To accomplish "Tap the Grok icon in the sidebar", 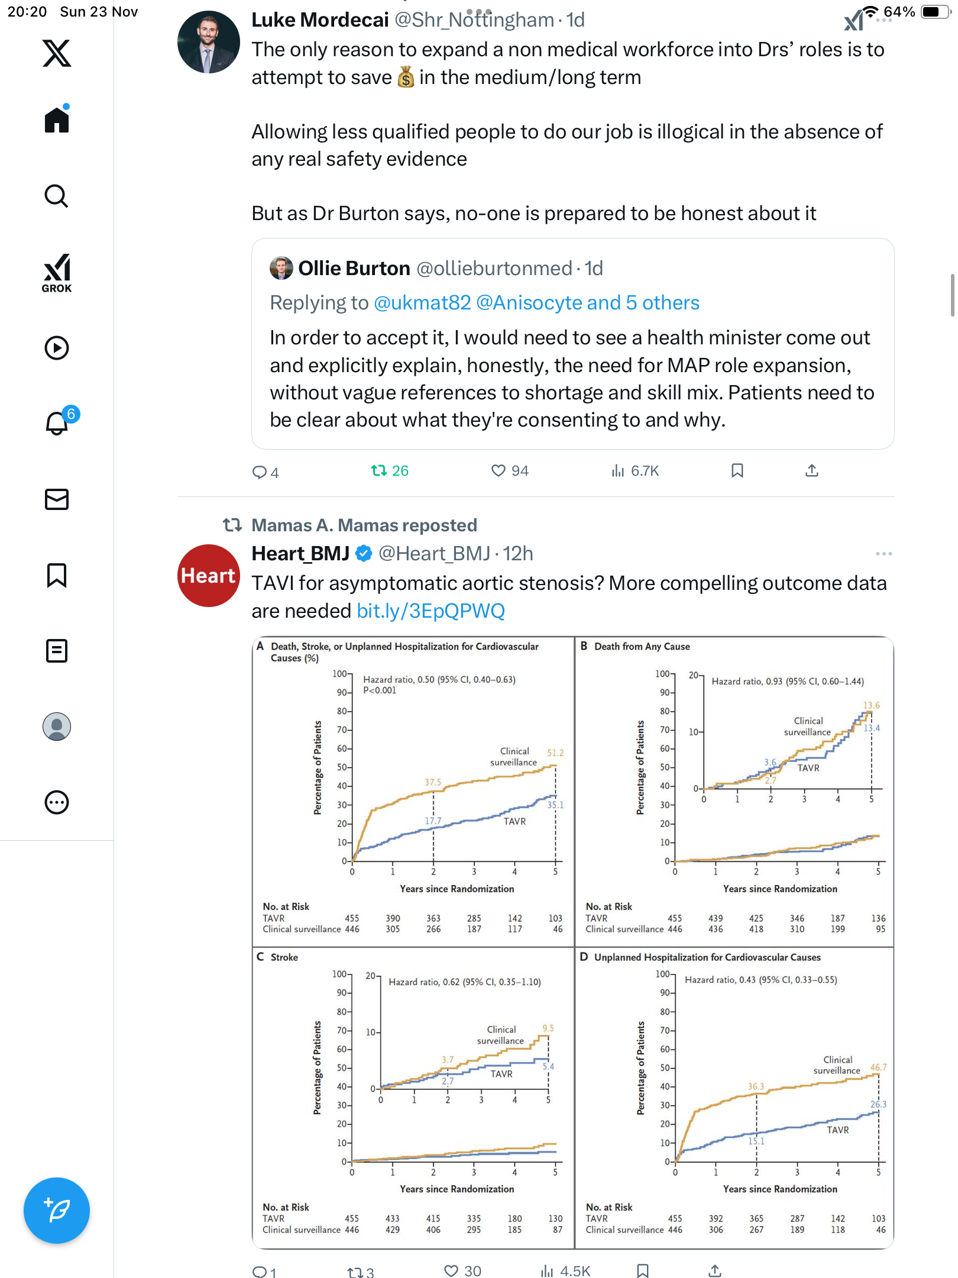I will click(x=57, y=273).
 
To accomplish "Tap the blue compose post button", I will click(x=57, y=1210).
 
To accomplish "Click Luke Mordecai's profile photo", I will click(x=208, y=43).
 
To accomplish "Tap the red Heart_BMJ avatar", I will click(x=208, y=576).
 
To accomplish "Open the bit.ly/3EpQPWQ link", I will click(x=431, y=611).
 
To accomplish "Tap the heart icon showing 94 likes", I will click(x=499, y=471).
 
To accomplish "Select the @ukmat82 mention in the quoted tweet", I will click(x=422, y=303).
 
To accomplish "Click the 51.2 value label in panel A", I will click(x=555, y=753).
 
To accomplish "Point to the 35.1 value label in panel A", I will click(x=555, y=805).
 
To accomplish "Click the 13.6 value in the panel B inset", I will click(x=871, y=705).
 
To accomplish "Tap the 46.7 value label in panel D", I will click(x=878, y=1067).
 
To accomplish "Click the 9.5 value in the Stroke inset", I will click(x=548, y=1028).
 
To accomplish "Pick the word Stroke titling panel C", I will click(x=284, y=957).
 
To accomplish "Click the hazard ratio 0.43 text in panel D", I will click(x=760, y=980).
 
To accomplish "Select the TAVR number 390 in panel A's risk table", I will click(x=393, y=918).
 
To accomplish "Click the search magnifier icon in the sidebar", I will click(x=57, y=196).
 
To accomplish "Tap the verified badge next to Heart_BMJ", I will click(x=364, y=554).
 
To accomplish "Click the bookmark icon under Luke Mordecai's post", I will click(x=737, y=471).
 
